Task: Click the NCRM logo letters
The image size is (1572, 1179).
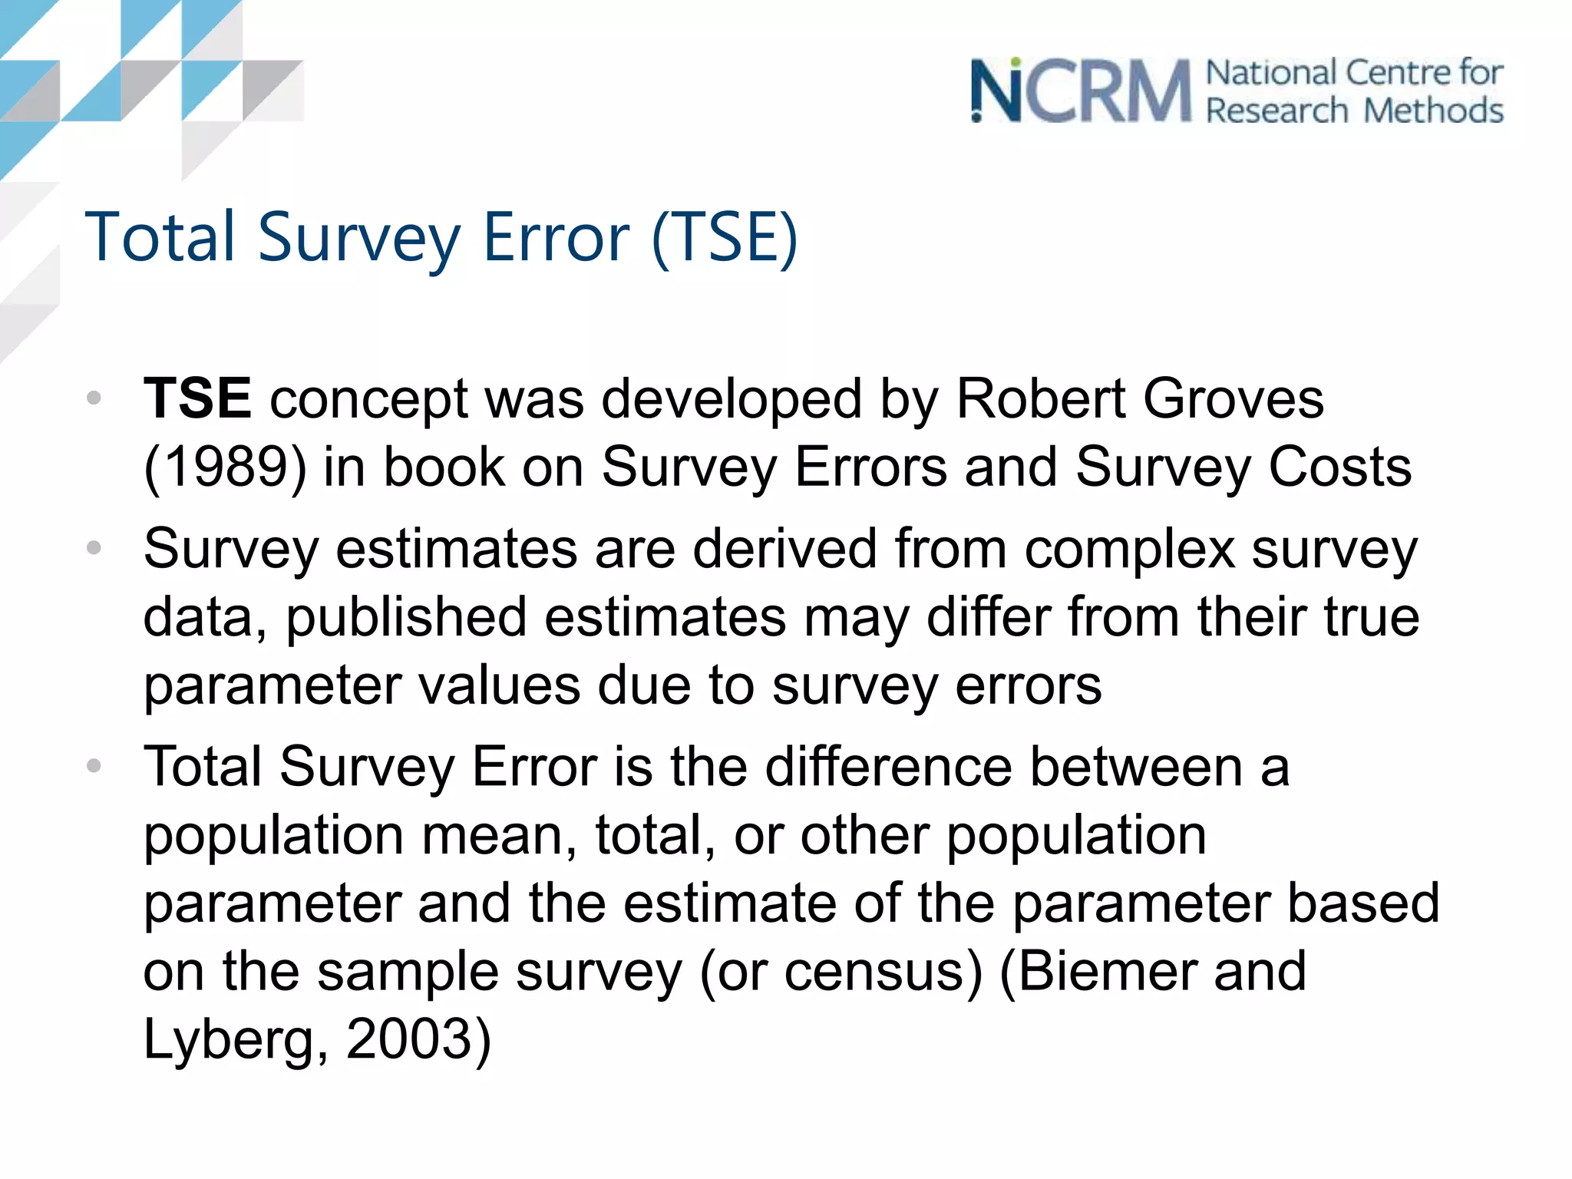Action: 1081,91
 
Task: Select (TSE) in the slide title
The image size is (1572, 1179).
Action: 725,237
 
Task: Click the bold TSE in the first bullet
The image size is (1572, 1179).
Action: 197,398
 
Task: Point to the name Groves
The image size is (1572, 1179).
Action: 1233,398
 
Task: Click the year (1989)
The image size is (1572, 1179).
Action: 225,467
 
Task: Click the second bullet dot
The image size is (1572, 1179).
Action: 94,548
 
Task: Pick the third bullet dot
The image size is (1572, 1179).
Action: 94,766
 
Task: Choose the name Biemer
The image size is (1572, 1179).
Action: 1107,972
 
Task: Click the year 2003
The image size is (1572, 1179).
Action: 409,1039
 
